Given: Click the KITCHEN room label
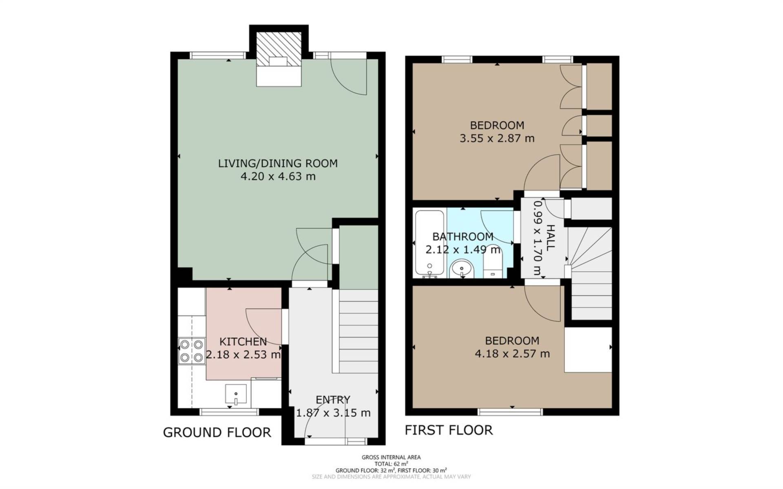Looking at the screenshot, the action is [x=243, y=341].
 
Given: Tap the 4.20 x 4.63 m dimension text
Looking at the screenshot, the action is [x=278, y=177].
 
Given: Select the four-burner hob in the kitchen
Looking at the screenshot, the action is [x=192, y=351].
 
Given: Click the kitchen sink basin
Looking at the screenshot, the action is [x=236, y=394].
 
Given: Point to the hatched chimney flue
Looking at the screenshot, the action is [x=279, y=49].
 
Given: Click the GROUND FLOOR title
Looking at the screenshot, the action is [x=217, y=432].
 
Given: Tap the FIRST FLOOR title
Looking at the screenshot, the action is [x=449, y=430].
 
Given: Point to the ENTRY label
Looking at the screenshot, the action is [x=333, y=400].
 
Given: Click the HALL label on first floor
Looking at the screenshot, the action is [x=551, y=237].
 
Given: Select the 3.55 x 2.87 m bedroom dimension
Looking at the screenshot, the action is [x=497, y=138].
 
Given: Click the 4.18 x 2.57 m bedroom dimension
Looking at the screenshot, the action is [x=512, y=354].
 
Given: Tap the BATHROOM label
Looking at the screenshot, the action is [x=463, y=237].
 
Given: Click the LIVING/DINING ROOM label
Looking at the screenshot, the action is [x=278, y=164].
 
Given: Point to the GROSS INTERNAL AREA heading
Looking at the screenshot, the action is [x=391, y=458].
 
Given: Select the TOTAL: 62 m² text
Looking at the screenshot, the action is [x=391, y=464].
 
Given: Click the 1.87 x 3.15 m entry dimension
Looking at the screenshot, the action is [x=333, y=413].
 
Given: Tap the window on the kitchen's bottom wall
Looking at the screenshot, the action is [x=230, y=412].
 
